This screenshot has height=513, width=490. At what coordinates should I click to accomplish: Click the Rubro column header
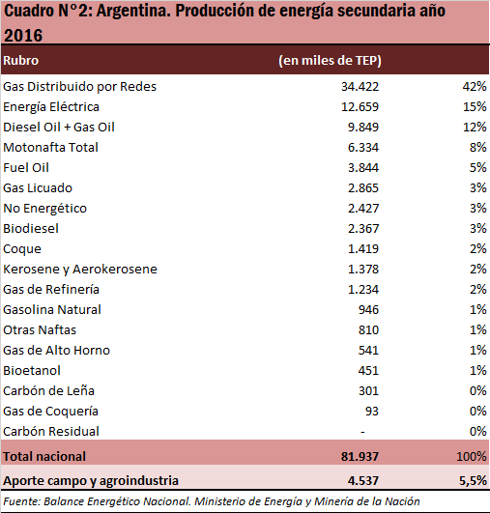point(21,61)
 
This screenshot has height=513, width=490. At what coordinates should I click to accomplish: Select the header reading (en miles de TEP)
point(330,61)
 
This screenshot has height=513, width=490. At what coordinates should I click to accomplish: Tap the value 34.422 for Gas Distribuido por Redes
point(360,87)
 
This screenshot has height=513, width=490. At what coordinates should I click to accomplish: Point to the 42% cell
point(475,87)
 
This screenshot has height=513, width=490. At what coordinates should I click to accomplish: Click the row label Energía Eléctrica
point(51,107)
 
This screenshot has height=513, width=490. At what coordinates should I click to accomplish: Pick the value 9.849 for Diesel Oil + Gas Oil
point(363,128)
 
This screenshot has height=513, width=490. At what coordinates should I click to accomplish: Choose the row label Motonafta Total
point(50,148)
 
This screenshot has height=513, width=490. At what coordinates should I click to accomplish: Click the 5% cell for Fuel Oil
point(477,168)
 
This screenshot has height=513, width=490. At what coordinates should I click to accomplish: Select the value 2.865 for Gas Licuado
point(363,188)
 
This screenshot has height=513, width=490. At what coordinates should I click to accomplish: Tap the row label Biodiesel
point(31,229)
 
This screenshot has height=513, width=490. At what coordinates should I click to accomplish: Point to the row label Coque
point(22,249)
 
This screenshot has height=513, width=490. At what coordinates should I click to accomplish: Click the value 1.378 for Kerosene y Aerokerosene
point(363,270)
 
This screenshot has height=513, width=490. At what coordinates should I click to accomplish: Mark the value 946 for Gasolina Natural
point(368,310)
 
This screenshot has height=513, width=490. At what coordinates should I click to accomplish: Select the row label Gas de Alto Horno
point(57,351)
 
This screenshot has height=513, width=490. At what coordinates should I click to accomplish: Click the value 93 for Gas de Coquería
point(372,412)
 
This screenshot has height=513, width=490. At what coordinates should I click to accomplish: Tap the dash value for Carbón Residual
point(362,432)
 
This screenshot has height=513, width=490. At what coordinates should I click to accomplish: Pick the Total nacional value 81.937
point(360,457)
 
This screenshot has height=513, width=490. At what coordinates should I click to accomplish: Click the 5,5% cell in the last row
point(473,481)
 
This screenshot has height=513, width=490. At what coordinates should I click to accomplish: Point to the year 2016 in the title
point(23,36)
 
